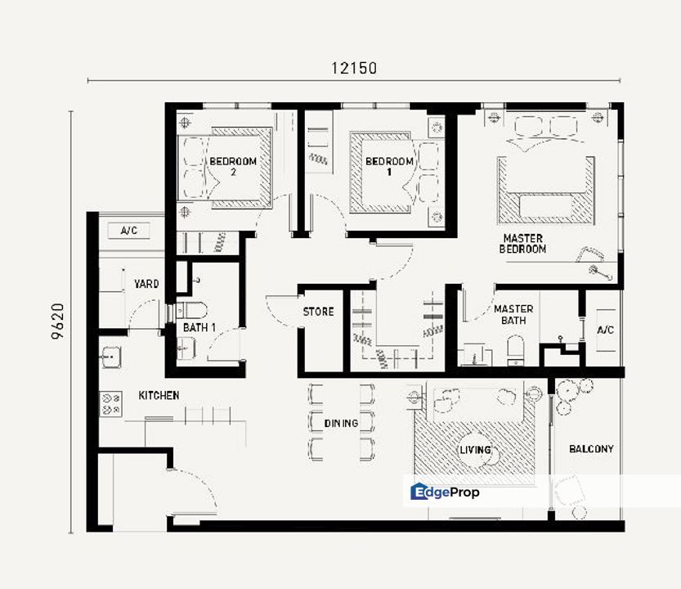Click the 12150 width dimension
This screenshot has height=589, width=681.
point(354,68)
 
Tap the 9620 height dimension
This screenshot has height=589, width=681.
point(58,321)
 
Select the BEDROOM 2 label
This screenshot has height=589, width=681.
point(233,167)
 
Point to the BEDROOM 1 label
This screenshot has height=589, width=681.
point(389,167)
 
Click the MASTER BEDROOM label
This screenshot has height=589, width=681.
point(523,244)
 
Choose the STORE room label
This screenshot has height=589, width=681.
point(318,312)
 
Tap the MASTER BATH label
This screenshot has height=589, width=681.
point(513,314)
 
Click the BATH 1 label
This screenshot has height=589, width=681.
point(199,327)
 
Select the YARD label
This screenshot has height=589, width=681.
point(146,284)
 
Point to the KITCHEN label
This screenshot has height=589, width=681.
point(159,395)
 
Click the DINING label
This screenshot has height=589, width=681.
point(342,423)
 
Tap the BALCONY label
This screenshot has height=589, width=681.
point(591,448)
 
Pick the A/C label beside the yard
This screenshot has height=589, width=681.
point(129,231)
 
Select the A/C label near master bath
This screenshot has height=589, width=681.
point(606,330)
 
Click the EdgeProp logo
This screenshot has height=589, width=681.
point(446,492)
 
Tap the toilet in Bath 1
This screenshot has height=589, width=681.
point(191,310)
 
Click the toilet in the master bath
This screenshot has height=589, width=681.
point(516,349)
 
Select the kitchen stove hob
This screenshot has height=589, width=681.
point(110,404)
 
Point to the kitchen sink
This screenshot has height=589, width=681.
point(111,357)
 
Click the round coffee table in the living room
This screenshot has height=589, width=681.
point(478,450)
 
